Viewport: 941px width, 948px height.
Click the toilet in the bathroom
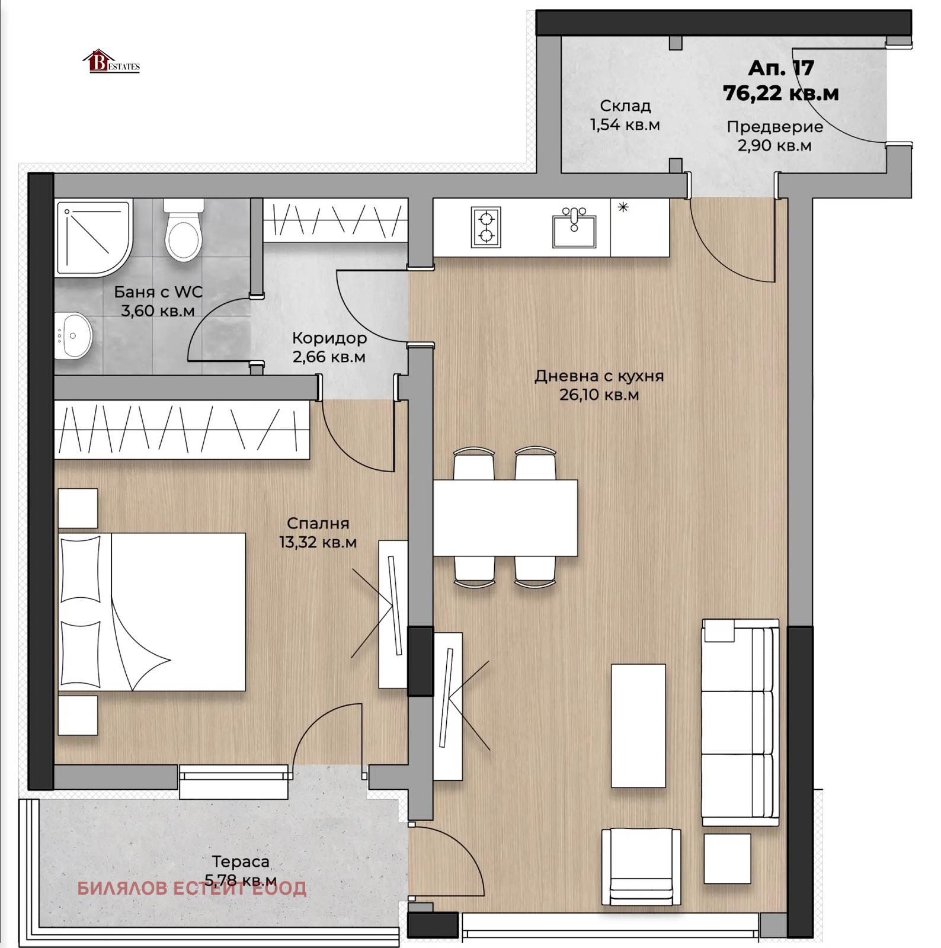pos(184,231)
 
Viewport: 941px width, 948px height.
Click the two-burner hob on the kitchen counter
pos(486,227)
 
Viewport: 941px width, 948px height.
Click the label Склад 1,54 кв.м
pos(625,116)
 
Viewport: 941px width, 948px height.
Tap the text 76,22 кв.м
pos(780,93)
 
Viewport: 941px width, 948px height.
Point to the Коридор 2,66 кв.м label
pos(329,347)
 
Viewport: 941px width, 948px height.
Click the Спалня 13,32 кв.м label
pos(318,532)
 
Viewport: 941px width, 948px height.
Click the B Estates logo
pos(111,62)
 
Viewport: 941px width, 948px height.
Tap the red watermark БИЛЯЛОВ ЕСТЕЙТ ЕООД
pos(192,888)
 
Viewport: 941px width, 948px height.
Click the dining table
pos(505,517)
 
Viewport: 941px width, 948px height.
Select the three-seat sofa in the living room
pos(740,722)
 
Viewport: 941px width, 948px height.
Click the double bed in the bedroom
pos(152,611)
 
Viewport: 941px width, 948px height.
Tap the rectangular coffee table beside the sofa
pos(638,725)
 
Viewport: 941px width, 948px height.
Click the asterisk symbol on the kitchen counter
pos(623,207)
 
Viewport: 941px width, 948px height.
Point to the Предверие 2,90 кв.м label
pos(774,136)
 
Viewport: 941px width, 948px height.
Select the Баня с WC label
pos(158,301)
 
